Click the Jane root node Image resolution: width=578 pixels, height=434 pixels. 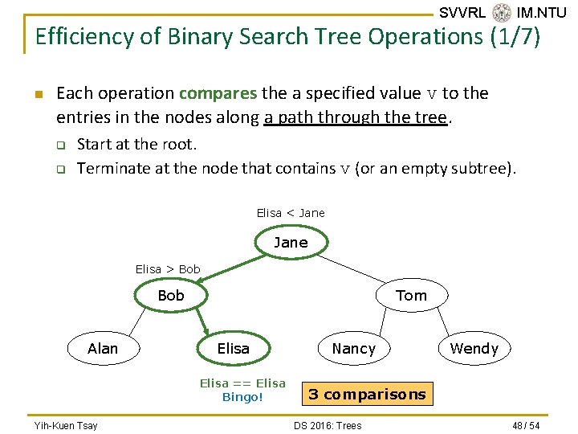pos(291,243)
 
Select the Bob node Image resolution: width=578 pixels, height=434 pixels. pos(171,296)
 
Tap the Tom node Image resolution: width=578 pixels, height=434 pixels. pos(411,296)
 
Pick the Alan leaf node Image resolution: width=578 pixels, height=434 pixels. pos(102,349)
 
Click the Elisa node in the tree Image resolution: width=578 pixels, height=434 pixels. pos(233,349)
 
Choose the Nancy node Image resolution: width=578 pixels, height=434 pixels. pos(353,349)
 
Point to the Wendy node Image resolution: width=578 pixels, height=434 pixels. pos(474,349)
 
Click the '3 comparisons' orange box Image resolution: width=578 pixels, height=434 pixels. pos(367,395)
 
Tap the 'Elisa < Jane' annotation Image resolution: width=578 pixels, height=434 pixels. pos(291,213)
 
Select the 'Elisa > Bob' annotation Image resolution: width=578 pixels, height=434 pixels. pos(168,269)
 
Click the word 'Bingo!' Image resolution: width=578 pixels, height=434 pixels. pos(242,397)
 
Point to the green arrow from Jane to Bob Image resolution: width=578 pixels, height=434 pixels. pos(229,269)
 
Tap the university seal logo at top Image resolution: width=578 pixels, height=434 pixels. pos(502,13)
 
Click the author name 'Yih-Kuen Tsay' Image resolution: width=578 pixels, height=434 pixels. pos(66,425)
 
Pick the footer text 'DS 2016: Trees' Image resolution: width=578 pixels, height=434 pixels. pos(328,425)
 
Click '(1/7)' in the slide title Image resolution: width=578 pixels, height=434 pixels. pos(515,37)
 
